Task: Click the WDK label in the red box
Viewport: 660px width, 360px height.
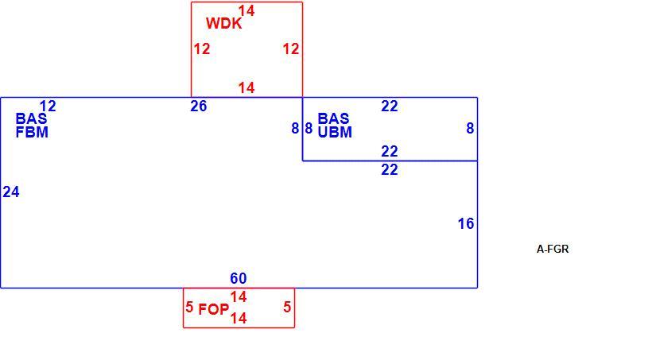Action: click(x=224, y=24)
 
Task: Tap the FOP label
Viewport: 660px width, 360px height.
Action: click(x=213, y=309)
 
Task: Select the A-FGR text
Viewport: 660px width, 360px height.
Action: click(x=553, y=249)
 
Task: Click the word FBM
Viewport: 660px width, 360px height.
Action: click(x=32, y=133)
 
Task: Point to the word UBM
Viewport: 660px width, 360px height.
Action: click(x=335, y=133)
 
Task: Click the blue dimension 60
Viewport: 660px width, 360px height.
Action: click(x=239, y=278)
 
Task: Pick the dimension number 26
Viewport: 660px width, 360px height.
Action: click(x=199, y=106)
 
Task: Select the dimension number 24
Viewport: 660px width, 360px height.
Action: click(x=11, y=192)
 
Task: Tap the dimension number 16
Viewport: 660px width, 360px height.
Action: click(x=466, y=224)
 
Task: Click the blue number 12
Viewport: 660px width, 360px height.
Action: click(x=48, y=106)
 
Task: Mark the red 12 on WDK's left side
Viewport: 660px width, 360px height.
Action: click(x=202, y=49)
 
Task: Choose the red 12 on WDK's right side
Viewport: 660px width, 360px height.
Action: click(x=291, y=49)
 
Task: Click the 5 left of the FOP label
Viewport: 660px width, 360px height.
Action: click(x=189, y=307)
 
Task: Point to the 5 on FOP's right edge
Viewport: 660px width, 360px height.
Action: click(x=287, y=307)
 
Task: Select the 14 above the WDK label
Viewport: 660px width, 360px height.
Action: click(x=247, y=10)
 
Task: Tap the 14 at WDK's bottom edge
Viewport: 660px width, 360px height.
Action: click(x=247, y=88)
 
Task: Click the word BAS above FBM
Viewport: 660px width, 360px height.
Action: click(x=31, y=118)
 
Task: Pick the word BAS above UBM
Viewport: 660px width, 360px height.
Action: click(x=333, y=118)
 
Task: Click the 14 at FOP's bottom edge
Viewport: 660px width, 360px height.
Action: click(x=239, y=319)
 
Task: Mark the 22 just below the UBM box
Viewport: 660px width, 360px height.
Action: click(x=390, y=170)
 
